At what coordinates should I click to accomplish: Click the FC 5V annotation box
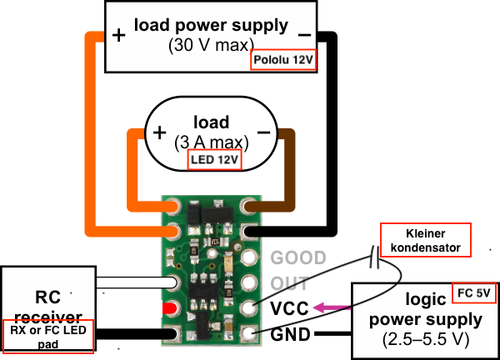point(474,292)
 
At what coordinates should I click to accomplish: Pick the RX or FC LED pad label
point(47,334)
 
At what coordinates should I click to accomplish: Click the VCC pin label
point(290,308)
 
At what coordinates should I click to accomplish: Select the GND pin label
point(290,335)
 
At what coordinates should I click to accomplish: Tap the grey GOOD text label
point(298,257)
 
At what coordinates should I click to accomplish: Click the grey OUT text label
point(290,282)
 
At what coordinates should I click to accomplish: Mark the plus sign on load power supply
point(118,36)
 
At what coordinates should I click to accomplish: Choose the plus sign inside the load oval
point(160,132)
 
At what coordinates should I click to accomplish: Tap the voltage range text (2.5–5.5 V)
point(426,339)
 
